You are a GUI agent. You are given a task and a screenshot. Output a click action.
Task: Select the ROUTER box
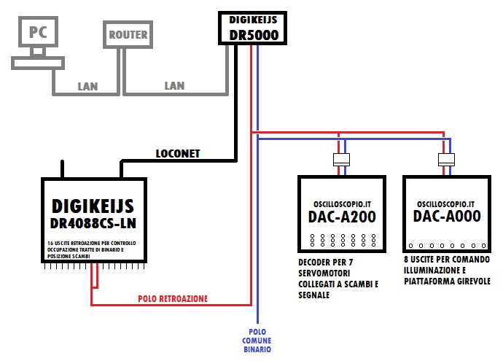(x=128, y=34)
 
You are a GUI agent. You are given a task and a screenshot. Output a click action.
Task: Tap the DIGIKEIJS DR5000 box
(x=250, y=27)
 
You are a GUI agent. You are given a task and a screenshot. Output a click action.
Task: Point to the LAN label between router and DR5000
(x=174, y=86)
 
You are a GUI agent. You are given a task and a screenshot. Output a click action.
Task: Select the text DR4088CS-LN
(x=98, y=222)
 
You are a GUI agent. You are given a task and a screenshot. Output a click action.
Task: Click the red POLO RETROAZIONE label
(x=173, y=298)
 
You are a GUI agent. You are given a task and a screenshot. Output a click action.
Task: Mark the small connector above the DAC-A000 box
(x=445, y=160)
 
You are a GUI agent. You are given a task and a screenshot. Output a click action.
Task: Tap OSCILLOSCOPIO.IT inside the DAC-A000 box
(x=446, y=203)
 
